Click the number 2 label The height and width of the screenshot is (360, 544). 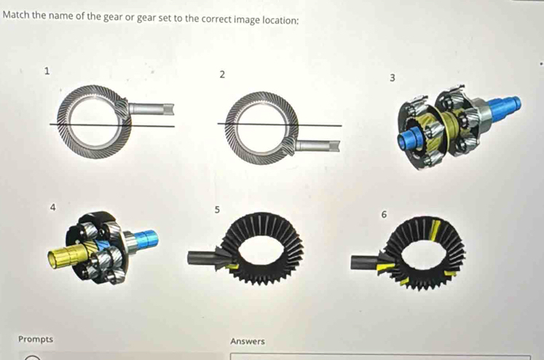tap(222, 75)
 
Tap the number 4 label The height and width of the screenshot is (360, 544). tap(52, 207)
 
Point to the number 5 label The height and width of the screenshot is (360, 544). tap(217, 211)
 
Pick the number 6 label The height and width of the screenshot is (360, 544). tap(384, 214)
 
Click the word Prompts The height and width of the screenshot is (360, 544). tap(35, 340)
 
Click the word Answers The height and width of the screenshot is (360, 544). tap(248, 341)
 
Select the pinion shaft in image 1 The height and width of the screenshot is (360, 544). tap(153, 109)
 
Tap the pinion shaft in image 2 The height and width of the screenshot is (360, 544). tap(320, 146)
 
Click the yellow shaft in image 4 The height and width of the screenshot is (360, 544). tap(62, 255)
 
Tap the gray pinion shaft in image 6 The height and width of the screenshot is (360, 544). tap(364, 262)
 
